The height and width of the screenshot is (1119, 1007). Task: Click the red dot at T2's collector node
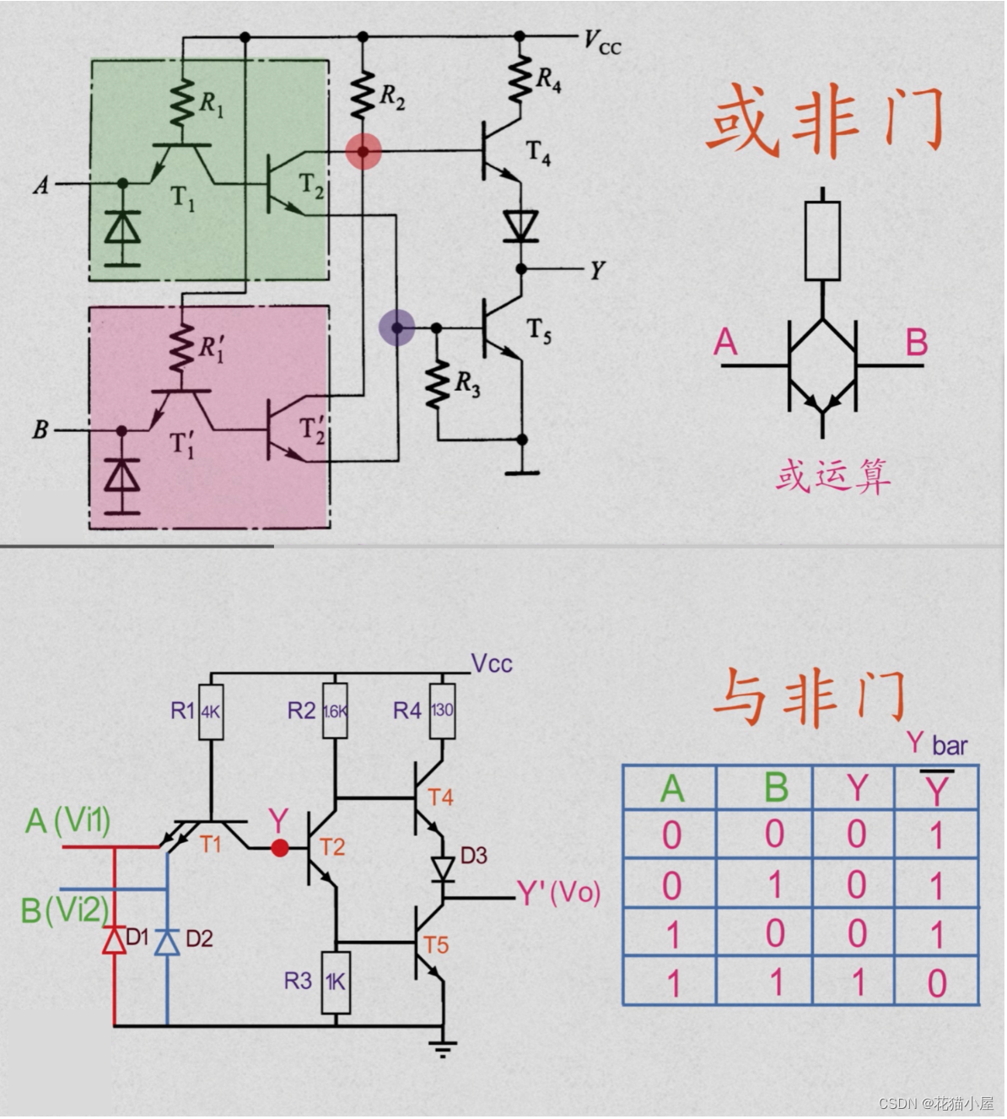coord(363,152)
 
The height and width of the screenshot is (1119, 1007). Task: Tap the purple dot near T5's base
coord(396,327)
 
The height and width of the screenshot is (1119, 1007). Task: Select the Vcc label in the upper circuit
coord(602,41)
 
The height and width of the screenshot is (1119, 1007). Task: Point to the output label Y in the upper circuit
coord(596,270)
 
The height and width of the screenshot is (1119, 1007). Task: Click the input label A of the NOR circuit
coord(40,184)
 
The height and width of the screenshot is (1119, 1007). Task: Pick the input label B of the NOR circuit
coord(40,430)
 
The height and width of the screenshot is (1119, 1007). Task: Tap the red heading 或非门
coord(825,122)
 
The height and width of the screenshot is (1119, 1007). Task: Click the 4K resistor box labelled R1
coord(210,711)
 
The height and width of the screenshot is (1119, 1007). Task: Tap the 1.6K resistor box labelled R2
coord(335,711)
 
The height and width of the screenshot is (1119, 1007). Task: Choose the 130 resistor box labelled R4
coord(442,711)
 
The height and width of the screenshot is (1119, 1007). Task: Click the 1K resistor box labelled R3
coord(336,982)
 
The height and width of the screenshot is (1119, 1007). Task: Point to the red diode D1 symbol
coord(115,938)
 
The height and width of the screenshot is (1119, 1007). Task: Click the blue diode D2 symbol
coord(167,940)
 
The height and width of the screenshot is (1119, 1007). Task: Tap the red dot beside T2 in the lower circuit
coord(279,847)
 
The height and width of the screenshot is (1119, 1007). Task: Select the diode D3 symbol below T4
coord(442,868)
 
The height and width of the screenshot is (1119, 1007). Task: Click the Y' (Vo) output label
coord(557,893)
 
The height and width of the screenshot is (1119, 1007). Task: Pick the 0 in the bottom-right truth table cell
coord(936,984)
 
